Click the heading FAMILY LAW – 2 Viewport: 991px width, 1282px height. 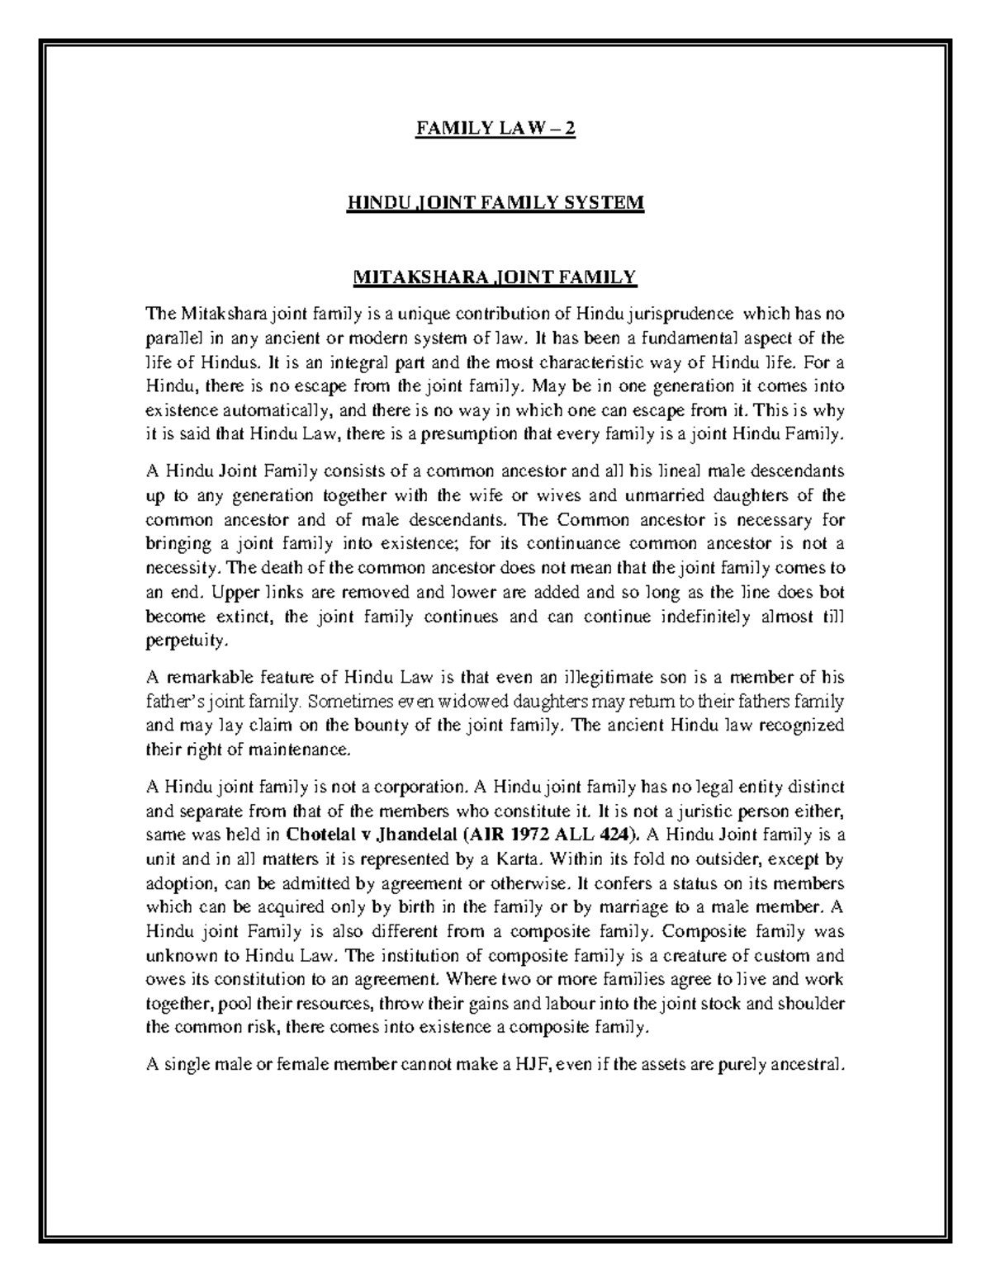pos(495,129)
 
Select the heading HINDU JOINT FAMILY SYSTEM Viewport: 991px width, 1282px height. pos(495,202)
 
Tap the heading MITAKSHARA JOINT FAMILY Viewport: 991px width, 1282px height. pos(495,277)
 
